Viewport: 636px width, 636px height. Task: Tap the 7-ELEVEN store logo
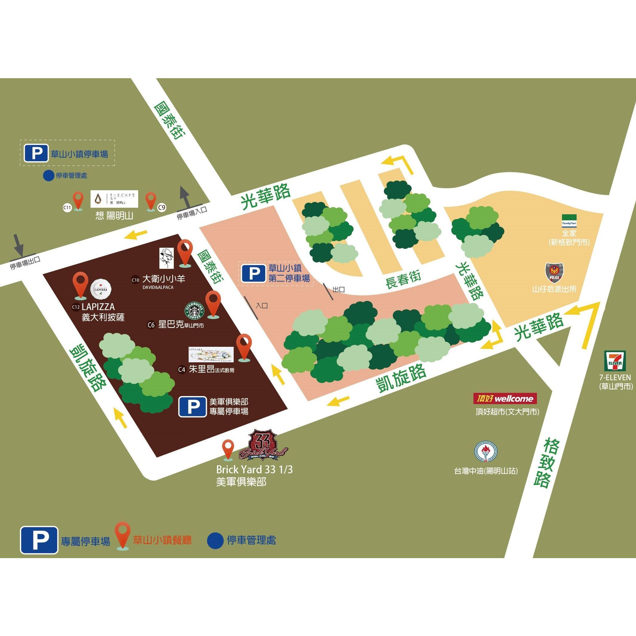click(x=615, y=360)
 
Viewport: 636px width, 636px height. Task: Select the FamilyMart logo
click(x=569, y=220)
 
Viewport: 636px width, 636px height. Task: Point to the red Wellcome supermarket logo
click(x=505, y=399)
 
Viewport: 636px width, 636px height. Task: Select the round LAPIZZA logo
click(x=101, y=289)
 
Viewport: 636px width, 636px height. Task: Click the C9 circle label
click(x=162, y=207)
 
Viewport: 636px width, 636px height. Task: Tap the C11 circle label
click(x=67, y=207)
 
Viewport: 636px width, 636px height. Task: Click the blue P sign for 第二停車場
click(x=253, y=274)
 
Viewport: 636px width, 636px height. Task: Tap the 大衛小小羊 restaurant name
click(x=164, y=279)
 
